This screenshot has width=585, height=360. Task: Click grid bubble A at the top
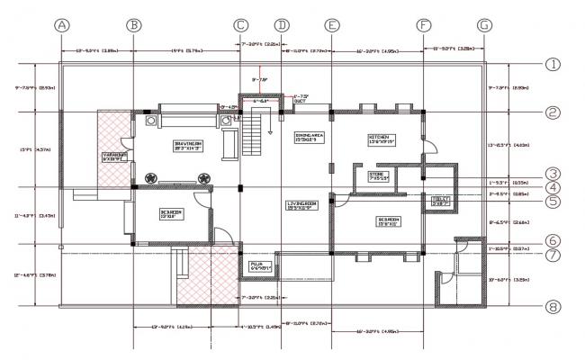coord(62,24)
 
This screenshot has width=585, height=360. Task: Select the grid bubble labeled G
coord(485,24)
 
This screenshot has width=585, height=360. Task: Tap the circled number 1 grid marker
coord(553,64)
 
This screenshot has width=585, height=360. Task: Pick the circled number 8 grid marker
coord(553,307)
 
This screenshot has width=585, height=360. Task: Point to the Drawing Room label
coord(186,146)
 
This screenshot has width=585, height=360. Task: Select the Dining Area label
coord(309,138)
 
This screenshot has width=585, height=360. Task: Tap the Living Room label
coord(302,206)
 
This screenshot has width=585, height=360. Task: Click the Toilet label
coord(440,201)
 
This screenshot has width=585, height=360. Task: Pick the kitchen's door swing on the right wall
coord(431,143)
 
